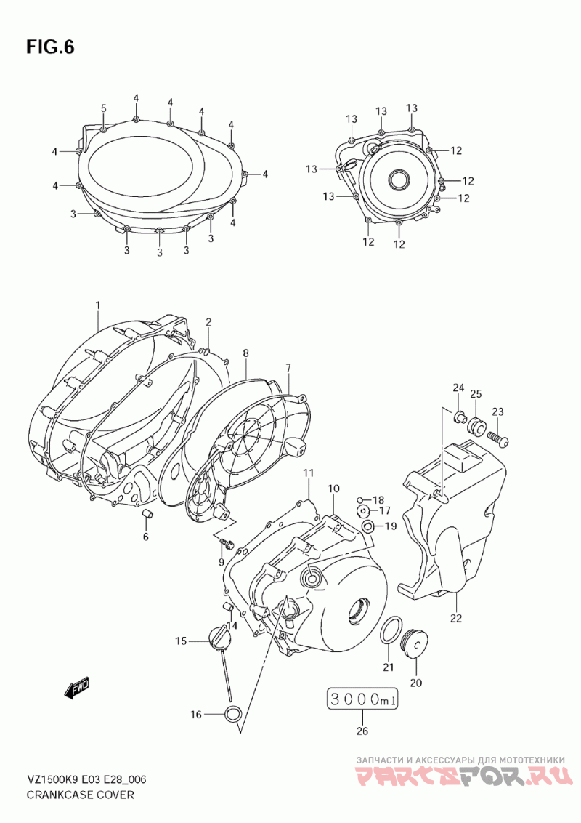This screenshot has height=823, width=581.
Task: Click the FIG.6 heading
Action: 50,47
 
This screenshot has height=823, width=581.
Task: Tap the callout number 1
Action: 97,305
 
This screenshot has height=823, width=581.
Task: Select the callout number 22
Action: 456,618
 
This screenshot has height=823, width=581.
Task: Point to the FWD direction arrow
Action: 76,688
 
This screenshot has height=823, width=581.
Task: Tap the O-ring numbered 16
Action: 233,714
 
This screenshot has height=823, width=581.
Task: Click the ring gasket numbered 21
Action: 391,630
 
